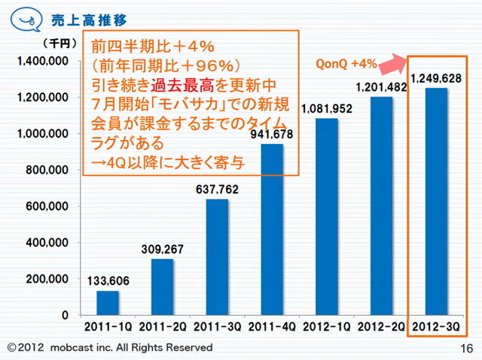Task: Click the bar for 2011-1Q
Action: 108,302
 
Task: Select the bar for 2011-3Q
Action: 216,256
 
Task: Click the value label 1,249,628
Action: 435,78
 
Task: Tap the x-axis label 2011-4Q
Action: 270,326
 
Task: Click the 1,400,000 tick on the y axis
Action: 42,62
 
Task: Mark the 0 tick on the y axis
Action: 66,315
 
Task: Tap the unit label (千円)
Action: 60,44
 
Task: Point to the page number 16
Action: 465,348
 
